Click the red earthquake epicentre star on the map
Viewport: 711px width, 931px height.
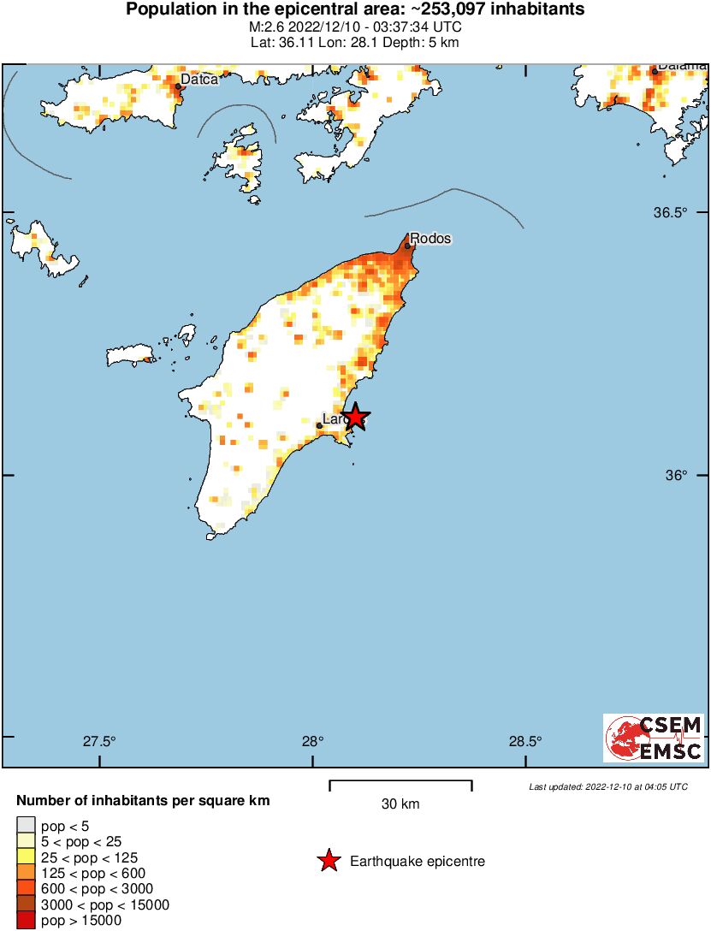pyautogui.click(x=354, y=417)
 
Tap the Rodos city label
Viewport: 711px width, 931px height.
pyautogui.click(x=430, y=238)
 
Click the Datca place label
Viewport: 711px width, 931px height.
pyautogui.click(x=198, y=79)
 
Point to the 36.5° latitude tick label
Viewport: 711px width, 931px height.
pyautogui.click(x=675, y=212)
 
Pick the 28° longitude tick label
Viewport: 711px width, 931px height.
pyautogui.click(x=312, y=741)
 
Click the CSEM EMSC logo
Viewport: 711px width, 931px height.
pyautogui.click(x=654, y=738)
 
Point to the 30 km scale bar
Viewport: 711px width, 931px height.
pyautogui.click(x=400, y=781)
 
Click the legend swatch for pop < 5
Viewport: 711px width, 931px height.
pyautogui.click(x=27, y=826)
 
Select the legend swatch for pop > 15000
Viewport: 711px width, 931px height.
pyautogui.click(x=27, y=920)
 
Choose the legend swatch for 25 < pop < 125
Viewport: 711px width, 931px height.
pyautogui.click(x=27, y=857)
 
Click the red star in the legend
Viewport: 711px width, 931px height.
pyautogui.click(x=329, y=862)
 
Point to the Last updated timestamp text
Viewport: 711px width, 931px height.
pyautogui.click(x=607, y=786)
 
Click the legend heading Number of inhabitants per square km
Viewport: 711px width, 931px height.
pyautogui.click(x=144, y=802)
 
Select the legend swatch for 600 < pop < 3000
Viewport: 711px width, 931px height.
pyautogui.click(x=27, y=888)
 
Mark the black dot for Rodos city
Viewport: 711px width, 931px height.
pyautogui.click(x=408, y=246)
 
